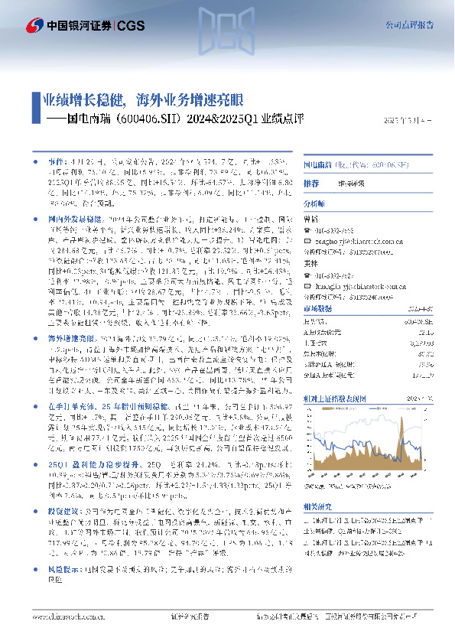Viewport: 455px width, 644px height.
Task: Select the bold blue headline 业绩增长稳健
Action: [x=82, y=99]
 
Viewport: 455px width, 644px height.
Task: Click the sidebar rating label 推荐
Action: [x=310, y=184]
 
